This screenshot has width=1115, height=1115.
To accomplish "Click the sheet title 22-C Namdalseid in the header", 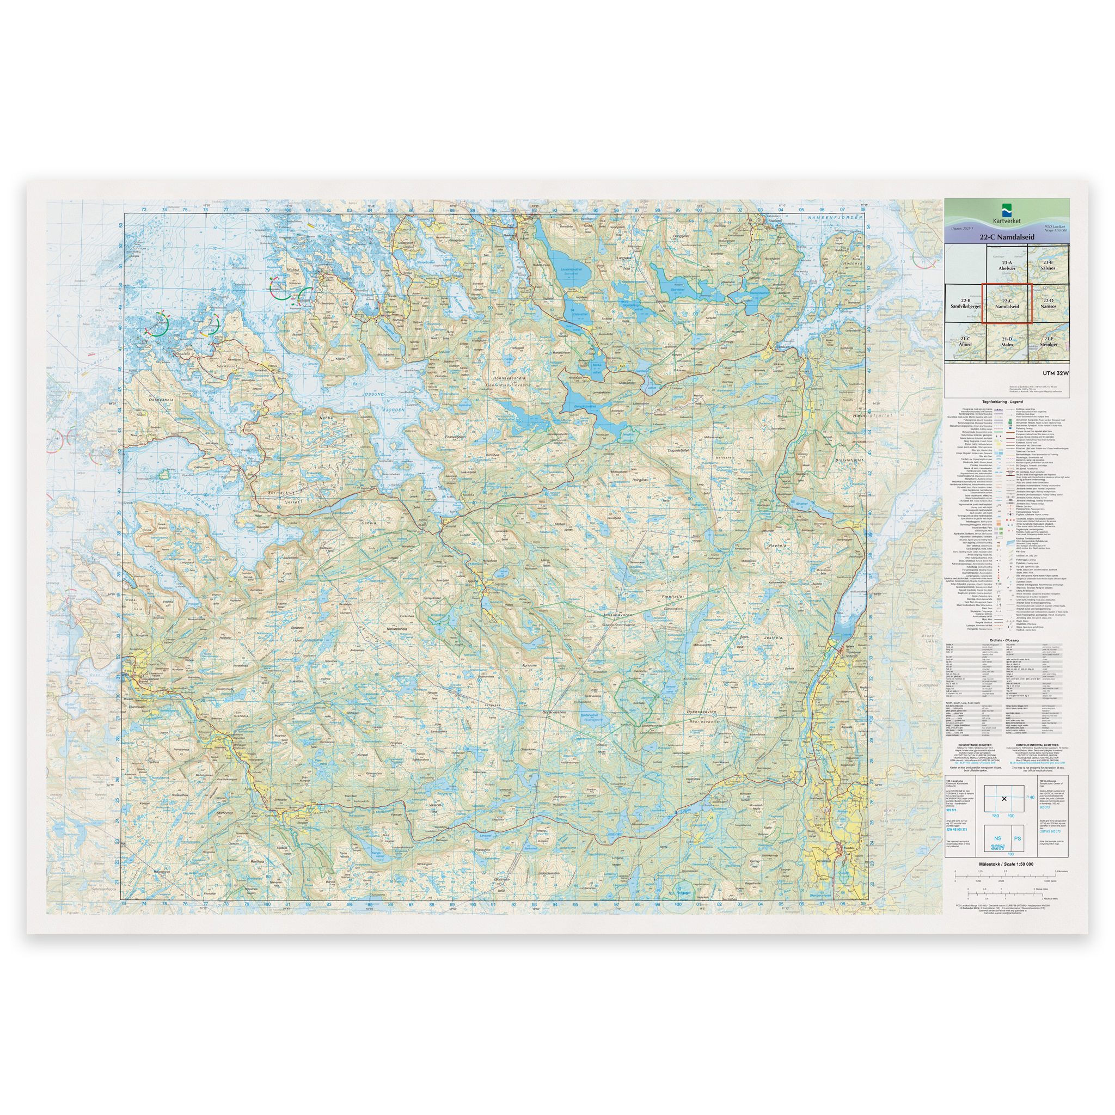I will pos(1007,237).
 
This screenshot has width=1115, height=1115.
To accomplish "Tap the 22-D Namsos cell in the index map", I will pos(1048,304).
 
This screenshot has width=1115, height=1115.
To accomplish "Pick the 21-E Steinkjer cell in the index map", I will pos(1048,342).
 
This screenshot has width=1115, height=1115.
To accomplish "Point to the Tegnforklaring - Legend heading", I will pos(1006,401).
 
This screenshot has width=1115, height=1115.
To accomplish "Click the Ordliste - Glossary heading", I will pos(1006,640).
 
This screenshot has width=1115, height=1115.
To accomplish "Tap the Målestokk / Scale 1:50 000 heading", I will pos(1006,864).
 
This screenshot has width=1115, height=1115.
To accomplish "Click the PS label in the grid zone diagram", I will pos(1018,838).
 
